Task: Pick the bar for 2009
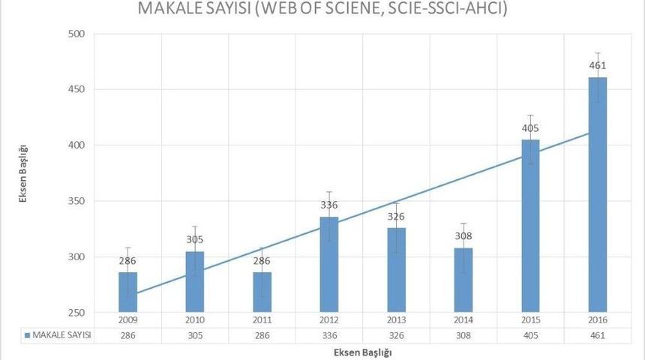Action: [x=128, y=292]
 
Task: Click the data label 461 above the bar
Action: [x=597, y=65]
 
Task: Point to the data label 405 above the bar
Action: [x=530, y=127]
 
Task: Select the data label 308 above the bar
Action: [x=463, y=235]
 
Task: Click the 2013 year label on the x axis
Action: [x=397, y=320]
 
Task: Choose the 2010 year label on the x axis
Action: [x=195, y=320]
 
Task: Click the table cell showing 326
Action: [x=397, y=335]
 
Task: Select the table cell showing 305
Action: [x=195, y=335]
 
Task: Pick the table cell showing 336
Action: [x=329, y=335]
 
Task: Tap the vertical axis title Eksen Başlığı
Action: [x=24, y=173]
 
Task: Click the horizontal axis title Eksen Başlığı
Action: [x=362, y=351]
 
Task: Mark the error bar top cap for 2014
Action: [x=463, y=223]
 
